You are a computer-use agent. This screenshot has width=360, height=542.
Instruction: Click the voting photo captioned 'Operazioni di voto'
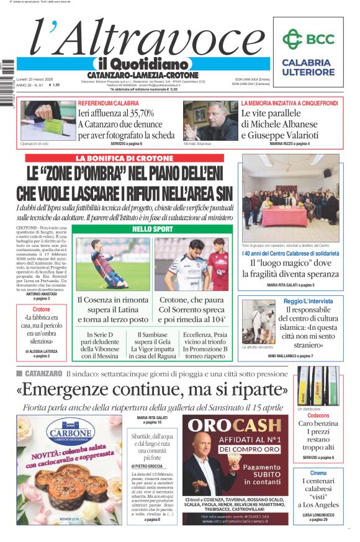[40, 120]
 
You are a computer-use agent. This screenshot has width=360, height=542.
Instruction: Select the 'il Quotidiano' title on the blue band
[142, 64]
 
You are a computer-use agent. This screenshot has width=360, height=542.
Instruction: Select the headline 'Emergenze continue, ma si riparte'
[152, 389]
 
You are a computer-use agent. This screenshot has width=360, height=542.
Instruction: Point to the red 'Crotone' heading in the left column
[42, 309]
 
